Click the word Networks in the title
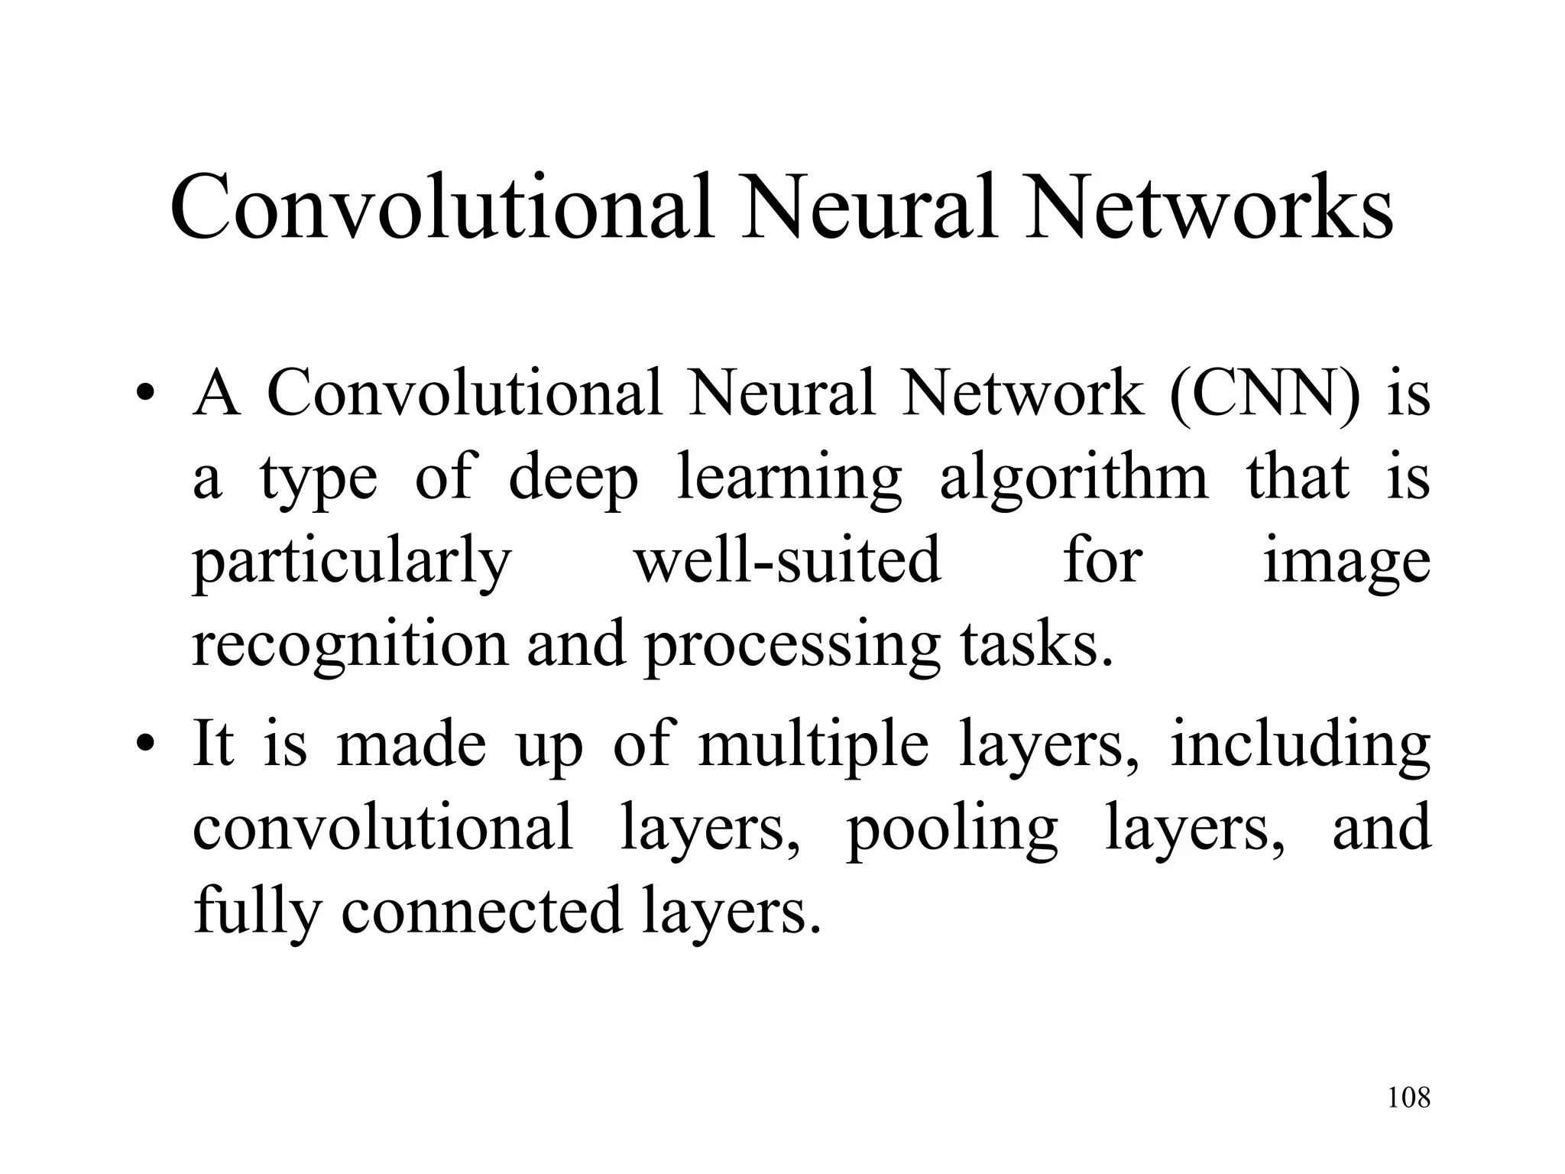click(x=1209, y=208)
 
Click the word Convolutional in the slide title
click(x=442, y=208)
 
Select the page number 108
click(x=1408, y=1098)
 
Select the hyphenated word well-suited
click(x=788, y=560)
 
